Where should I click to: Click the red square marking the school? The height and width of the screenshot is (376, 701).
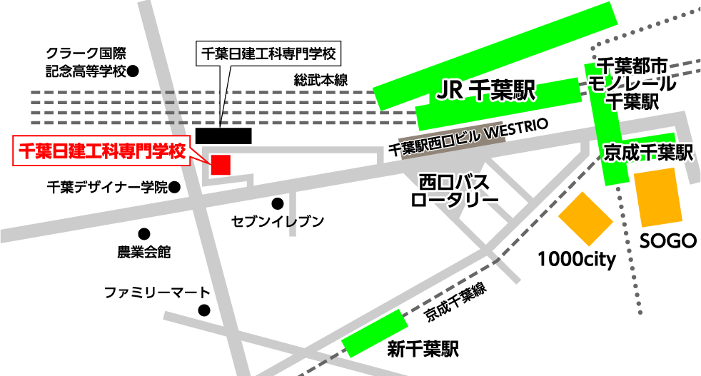221,165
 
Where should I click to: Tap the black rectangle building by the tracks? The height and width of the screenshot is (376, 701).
223,135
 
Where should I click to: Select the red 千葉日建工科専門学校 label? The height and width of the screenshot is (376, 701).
101,151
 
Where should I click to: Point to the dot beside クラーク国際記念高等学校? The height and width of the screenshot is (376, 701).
133,71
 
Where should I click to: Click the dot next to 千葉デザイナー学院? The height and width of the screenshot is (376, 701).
173,188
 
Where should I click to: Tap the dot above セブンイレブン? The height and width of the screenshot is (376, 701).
278,203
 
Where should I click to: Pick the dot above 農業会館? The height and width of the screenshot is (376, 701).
144,233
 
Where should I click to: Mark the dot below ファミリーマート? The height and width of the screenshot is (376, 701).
204,310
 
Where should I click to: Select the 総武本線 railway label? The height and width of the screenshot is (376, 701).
321,81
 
